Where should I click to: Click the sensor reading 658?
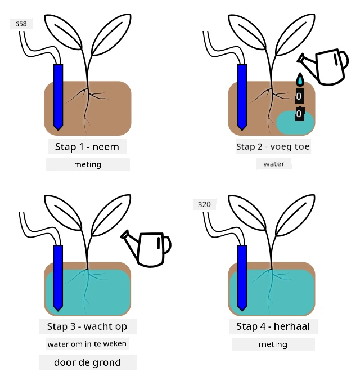21,24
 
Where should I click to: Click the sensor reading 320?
204,204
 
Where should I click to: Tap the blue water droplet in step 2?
300,79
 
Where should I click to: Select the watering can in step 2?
323,66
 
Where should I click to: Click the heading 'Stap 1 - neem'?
87,147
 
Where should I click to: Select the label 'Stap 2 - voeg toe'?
273,146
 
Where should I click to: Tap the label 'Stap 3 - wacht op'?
87,326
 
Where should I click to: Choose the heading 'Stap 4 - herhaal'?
273,326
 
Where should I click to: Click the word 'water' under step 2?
274,164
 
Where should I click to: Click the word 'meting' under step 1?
88,164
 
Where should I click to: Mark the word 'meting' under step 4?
273,344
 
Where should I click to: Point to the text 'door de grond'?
88,362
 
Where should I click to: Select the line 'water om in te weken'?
87,344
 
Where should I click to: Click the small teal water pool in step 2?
295,123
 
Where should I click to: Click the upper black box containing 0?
300,96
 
